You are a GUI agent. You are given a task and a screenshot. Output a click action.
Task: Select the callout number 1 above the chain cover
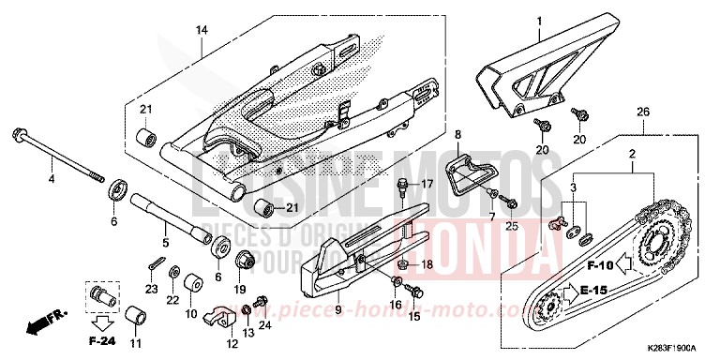pos(539,20)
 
